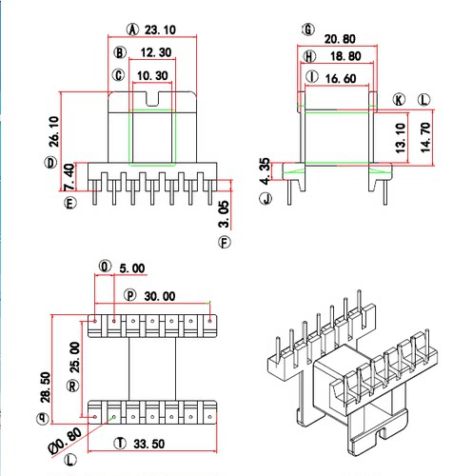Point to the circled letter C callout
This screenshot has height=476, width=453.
pyautogui.click(x=118, y=75)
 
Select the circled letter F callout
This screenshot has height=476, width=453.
pyautogui.click(x=225, y=243)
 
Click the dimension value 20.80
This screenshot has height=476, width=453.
pyautogui.click(x=341, y=38)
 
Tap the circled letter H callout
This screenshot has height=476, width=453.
pyautogui.click(x=308, y=56)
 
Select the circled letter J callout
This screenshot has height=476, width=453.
pyautogui.click(x=267, y=200)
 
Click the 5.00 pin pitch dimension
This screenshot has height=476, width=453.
pyautogui.click(x=132, y=269)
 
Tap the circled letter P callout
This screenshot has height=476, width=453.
pyautogui.click(x=129, y=295)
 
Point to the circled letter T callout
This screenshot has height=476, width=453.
pyautogui.click(x=119, y=444)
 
